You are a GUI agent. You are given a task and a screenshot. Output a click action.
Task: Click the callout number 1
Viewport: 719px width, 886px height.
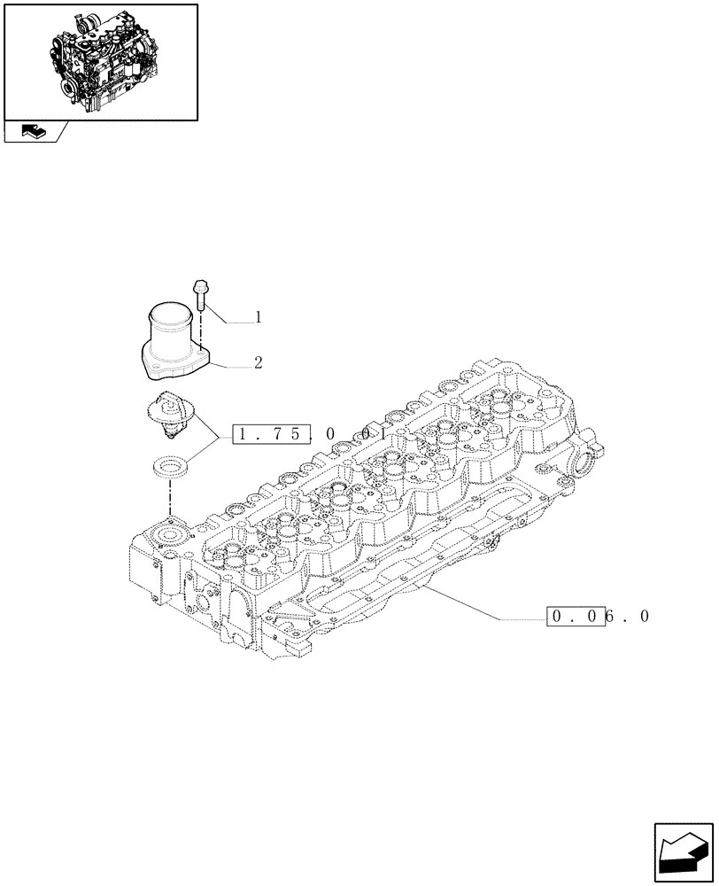coord(258,316)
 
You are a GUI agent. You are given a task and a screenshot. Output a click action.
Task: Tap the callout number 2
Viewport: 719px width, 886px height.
coord(258,362)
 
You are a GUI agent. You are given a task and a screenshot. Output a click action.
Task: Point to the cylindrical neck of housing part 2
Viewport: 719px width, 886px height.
coord(170,329)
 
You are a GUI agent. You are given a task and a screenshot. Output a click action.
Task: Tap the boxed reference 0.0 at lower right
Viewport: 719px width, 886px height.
coord(576,617)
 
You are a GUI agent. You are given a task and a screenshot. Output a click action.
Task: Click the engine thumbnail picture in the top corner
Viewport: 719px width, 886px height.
coord(100,61)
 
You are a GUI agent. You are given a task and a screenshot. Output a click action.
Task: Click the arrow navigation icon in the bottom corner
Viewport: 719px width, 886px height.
coord(683,852)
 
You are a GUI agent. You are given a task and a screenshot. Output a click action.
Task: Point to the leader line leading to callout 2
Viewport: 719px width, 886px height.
coord(232,366)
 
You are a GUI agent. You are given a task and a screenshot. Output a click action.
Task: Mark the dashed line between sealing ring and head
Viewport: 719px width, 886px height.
coord(168,501)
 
